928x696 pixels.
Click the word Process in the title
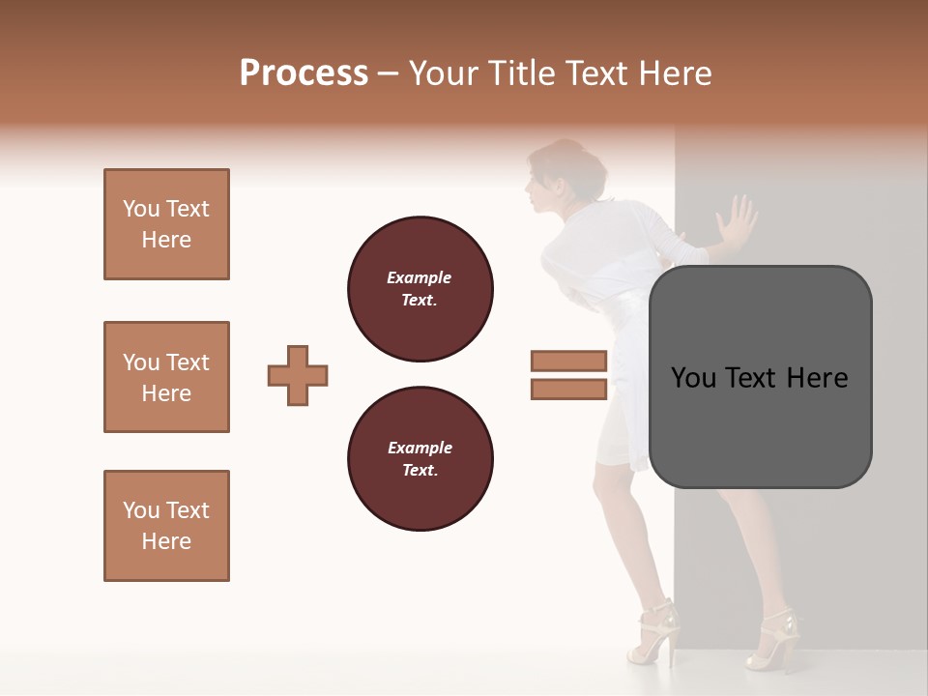(x=304, y=73)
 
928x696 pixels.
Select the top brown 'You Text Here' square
(x=166, y=224)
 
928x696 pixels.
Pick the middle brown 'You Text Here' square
(x=166, y=377)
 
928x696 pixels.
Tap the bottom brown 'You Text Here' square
(x=166, y=526)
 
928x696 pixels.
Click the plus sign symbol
(x=298, y=375)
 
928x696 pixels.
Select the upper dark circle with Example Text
(x=420, y=289)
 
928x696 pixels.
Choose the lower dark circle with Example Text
(x=420, y=459)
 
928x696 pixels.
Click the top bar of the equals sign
(x=568, y=362)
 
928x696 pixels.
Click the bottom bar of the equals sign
(x=568, y=390)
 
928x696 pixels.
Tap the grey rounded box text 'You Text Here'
(x=760, y=377)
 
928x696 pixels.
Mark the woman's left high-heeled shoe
(x=653, y=633)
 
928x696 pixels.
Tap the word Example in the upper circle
(x=420, y=277)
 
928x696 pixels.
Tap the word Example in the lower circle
(x=420, y=448)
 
